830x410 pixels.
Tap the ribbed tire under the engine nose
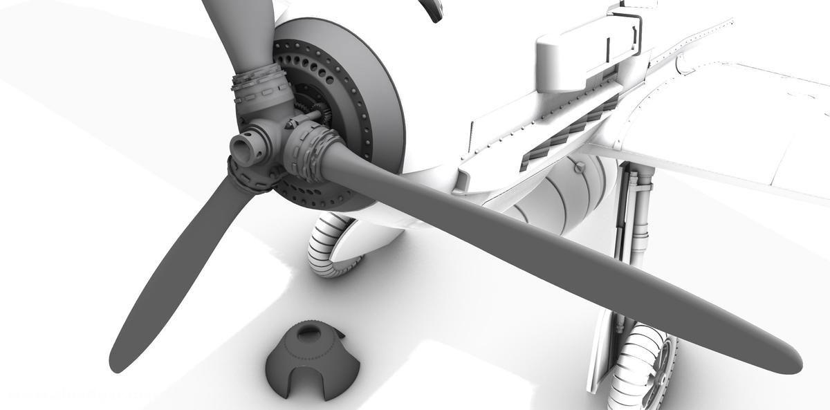click(325, 245)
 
